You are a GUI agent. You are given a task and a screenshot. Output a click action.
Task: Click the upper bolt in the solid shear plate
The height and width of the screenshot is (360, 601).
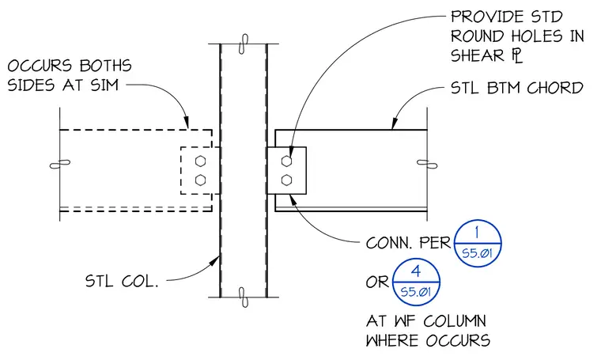(286, 161)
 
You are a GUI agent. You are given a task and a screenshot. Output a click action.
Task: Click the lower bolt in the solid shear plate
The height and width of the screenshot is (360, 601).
(286, 180)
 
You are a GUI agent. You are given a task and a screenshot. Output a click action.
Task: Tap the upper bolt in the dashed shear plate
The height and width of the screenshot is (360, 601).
(200, 161)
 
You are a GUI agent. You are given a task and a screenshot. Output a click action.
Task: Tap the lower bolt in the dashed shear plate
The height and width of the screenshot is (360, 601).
(200, 180)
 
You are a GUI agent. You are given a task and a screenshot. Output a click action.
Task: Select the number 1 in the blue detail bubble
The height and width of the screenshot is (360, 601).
(477, 233)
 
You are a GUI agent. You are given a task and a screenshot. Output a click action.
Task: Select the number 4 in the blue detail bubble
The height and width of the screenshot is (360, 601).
(416, 271)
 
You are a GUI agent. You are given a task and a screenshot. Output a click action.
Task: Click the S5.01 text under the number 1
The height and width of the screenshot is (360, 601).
(477, 253)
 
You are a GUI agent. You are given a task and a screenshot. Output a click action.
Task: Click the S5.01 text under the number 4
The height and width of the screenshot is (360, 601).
(416, 293)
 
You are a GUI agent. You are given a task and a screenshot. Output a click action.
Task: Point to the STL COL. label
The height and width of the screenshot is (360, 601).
(122, 282)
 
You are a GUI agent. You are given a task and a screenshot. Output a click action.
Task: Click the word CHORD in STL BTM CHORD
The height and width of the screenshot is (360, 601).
(555, 88)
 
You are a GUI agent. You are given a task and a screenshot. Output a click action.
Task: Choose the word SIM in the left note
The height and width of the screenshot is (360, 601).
(104, 85)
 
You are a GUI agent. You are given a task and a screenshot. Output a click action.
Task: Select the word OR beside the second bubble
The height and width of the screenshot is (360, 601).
(377, 282)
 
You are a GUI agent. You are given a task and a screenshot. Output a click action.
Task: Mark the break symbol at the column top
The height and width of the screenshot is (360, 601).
(243, 44)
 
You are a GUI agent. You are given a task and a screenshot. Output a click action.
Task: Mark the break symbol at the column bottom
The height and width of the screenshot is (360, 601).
(244, 297)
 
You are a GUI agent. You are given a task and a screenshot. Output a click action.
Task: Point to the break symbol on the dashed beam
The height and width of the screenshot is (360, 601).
(60, 165)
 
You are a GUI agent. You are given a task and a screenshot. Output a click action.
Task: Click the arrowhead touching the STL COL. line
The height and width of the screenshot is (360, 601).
(214, 261)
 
